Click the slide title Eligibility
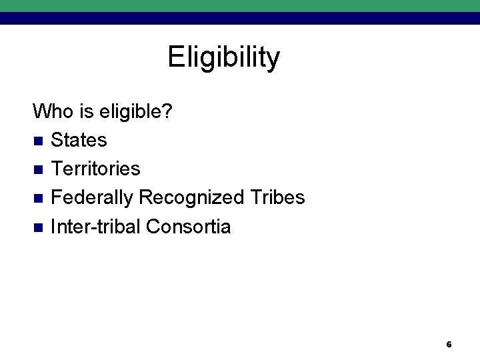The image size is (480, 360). tap(224, 58)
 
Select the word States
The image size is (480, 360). tap(79, 140)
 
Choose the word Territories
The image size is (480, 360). tap(95, 169)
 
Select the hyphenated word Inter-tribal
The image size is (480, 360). tap(95, 227)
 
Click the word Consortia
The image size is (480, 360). tap(188, 227)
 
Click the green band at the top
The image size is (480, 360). tap(240, 5)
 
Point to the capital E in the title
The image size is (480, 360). tap(175, 57)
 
